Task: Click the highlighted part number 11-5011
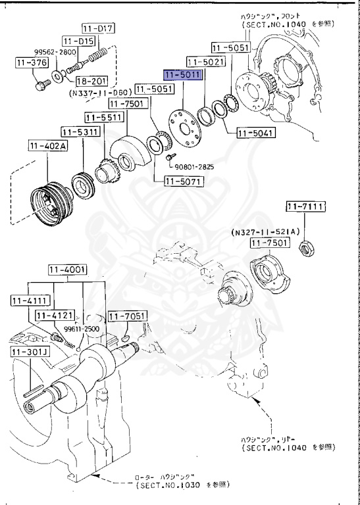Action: tap(183, 76)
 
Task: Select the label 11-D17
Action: tap(97, 28)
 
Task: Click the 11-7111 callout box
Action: tap(305, 207)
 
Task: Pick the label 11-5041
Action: tap(255, 133)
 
